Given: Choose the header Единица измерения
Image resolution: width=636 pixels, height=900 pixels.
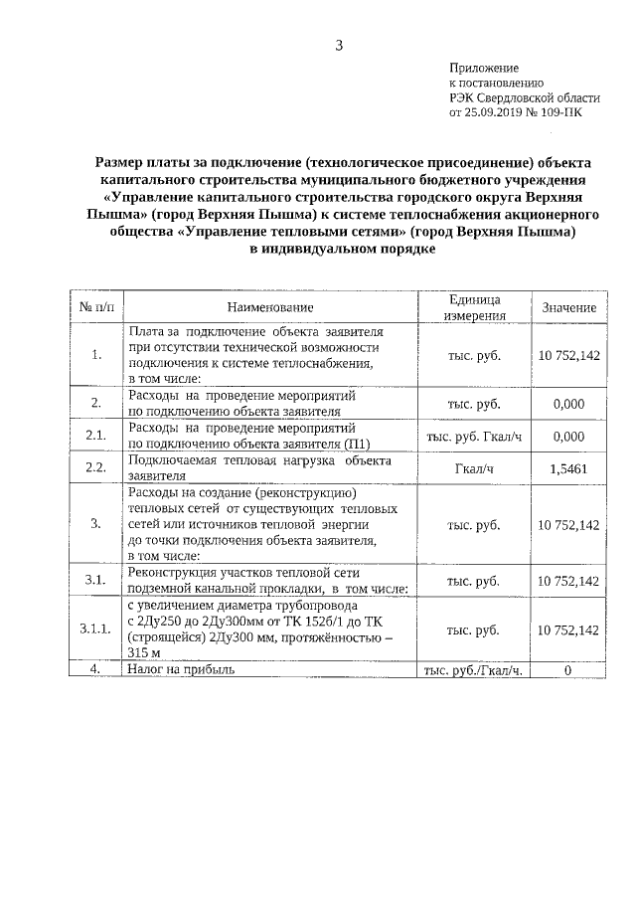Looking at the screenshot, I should pyautogui.click(x=473, y=307).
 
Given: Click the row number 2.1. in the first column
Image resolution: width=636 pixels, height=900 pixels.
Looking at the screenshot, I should pyautogui.click(x=96, y=436).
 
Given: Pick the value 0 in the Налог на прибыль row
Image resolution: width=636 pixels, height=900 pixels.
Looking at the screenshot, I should pyautogui.click(x=568, y=670).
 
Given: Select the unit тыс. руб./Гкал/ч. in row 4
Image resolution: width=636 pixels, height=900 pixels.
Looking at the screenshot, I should pyautogui.click(x=473, y=670).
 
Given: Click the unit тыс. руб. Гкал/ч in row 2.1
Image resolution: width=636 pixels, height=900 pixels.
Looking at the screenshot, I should pyautogui.click(x=473, y=436).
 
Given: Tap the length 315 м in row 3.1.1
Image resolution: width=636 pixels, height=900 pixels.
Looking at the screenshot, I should pyautogui.click(x=146, y=652).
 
